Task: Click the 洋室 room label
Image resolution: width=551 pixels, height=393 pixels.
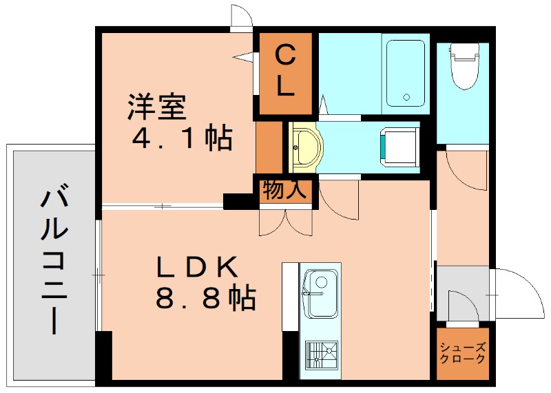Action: click(x=157, y=107)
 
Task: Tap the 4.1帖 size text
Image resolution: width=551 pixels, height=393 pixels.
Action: click(x=182, y=138)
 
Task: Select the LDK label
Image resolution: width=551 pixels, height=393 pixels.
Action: click(x=197, y=268)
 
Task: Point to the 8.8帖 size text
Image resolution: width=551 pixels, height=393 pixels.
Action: click(x=205, y=298)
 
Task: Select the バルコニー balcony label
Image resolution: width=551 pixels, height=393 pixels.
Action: click(x=54, y=258)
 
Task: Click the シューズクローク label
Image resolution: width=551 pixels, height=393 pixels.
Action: click(x=462, y=353)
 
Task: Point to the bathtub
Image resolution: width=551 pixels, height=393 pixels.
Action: click(x=406, y=74)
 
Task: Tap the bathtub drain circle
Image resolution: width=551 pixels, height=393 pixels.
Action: click(x=406, y=97)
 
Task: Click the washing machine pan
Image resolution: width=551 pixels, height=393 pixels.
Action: click(x=399, y=146)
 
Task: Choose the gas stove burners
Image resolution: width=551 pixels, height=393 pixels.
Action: click(x=322, y=354)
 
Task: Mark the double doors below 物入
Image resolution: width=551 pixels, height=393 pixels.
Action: click(x=286, y=223)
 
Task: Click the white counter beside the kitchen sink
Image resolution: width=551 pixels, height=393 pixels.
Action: click(x=290, y=297)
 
